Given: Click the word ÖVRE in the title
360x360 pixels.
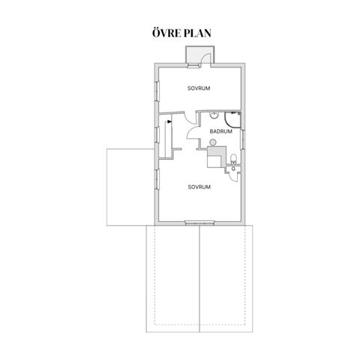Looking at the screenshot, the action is click(164, 33).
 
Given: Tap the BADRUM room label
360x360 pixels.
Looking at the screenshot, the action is click(220, 131).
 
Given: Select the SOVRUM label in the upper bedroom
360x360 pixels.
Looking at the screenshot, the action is click(199, 88).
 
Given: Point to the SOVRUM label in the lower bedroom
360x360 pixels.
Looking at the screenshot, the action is click(199, 187).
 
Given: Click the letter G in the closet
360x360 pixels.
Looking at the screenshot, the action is click(233, 169).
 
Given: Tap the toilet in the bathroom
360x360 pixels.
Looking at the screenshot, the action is click(233, 159).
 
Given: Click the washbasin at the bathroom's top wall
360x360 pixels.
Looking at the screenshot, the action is click(214, 115).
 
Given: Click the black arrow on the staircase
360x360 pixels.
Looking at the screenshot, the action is click(169, 121).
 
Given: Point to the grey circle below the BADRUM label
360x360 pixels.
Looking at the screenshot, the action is click(213, 142).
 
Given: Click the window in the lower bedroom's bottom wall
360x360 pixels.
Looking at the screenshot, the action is click(199, 222).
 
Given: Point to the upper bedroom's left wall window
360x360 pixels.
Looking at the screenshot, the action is click(157, 91).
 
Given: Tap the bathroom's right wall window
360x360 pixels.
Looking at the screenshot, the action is click(241, 139).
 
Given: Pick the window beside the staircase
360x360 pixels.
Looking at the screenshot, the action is click(157, 135).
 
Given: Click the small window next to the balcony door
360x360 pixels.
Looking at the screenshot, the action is click(193, 66).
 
